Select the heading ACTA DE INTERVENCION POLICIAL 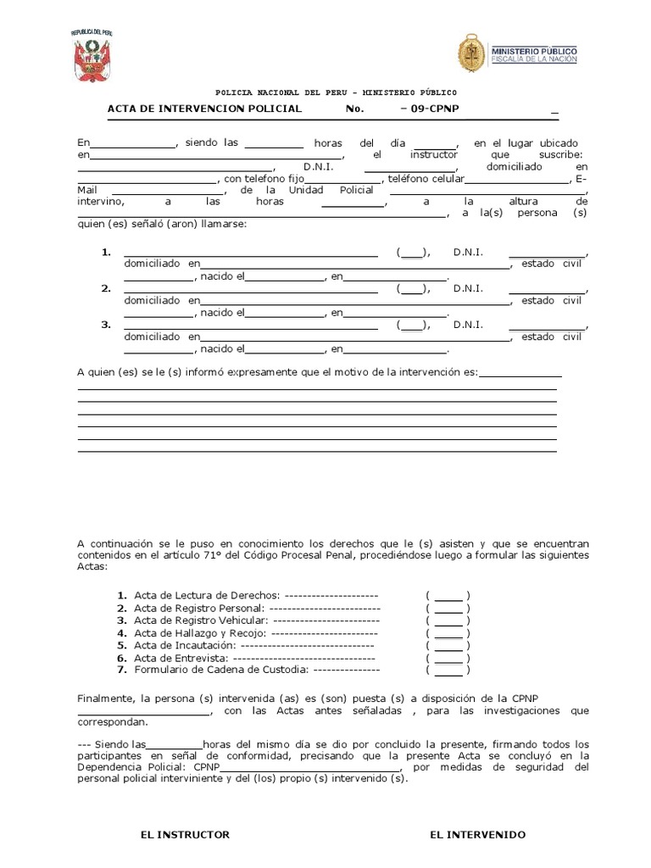(x=204, y=109)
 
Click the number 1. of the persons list (x=106, y=253)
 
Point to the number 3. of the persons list (x=106, y=325)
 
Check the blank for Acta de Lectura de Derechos (x=448, y=595)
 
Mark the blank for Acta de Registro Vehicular (x=448, y=620)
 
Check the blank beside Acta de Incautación (x=448, y=645)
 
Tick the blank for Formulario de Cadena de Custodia (x=448, y=670)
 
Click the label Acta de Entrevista (x=181, y=658)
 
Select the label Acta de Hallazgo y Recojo (x=200, y=633)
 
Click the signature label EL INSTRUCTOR (x=185, y=835)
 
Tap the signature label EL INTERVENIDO (x=477, y=835)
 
